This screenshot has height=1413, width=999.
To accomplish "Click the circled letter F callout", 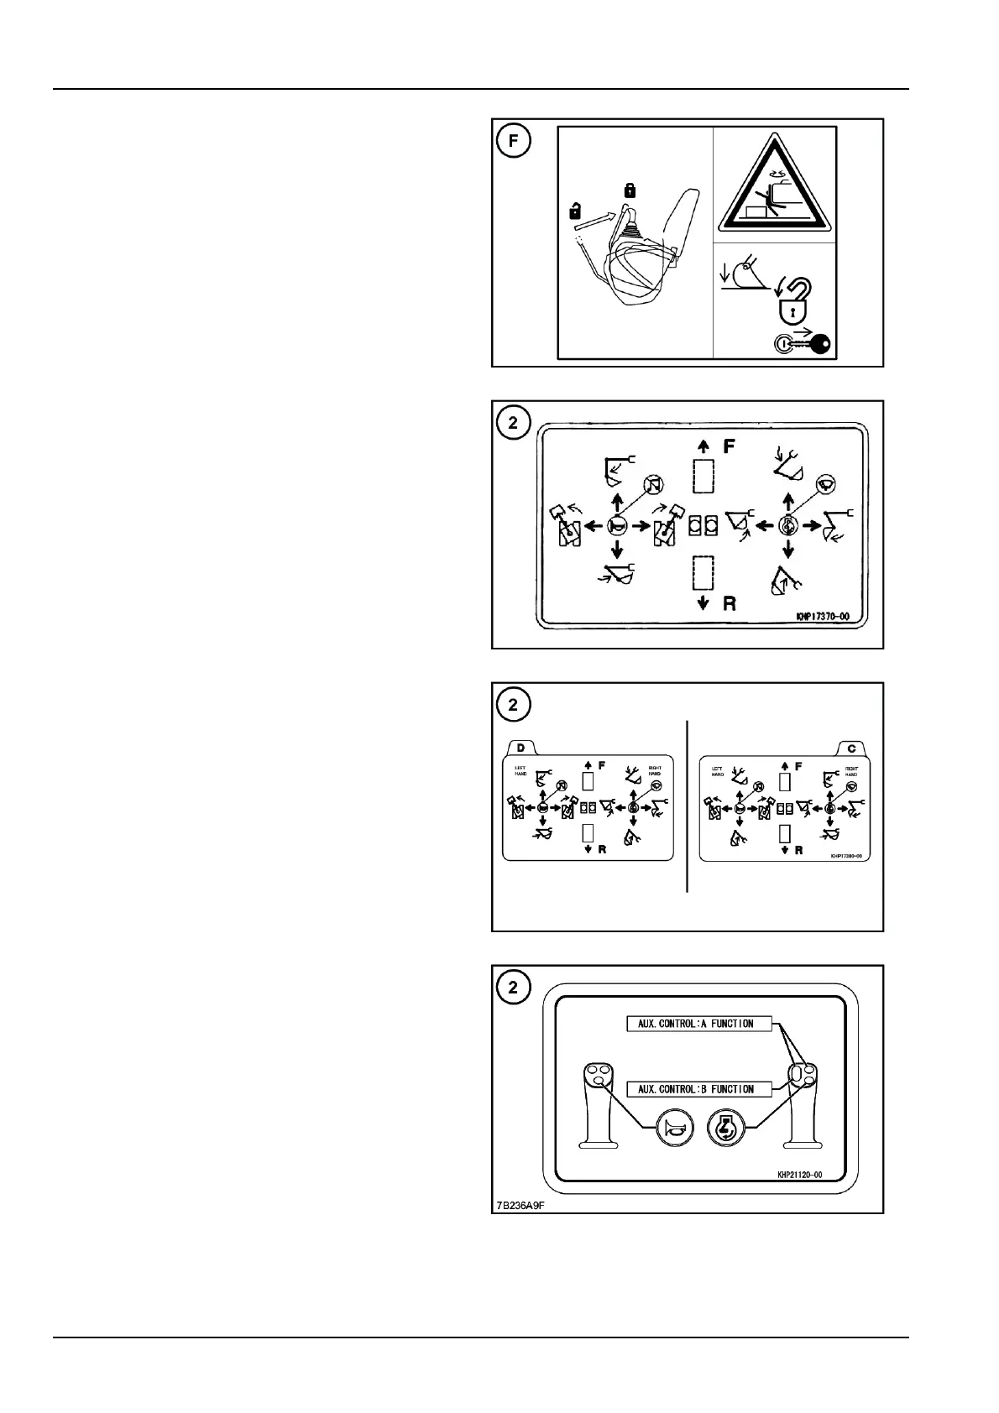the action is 514,141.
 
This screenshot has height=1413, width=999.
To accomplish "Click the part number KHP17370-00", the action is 822,617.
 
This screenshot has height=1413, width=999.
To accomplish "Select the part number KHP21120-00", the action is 799,1175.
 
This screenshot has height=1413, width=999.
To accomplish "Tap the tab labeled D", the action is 521,748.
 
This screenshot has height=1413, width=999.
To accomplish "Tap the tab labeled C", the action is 852,748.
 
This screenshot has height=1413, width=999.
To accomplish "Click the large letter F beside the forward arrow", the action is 729,446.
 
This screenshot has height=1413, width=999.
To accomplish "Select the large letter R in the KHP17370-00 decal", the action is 729,602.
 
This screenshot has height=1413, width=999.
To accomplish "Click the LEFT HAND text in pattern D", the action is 520,770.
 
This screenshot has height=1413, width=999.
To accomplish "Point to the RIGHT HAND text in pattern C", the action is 851,770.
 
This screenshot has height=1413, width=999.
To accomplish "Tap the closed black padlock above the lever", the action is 630,191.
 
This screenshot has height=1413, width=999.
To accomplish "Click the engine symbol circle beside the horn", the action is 724,1128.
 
